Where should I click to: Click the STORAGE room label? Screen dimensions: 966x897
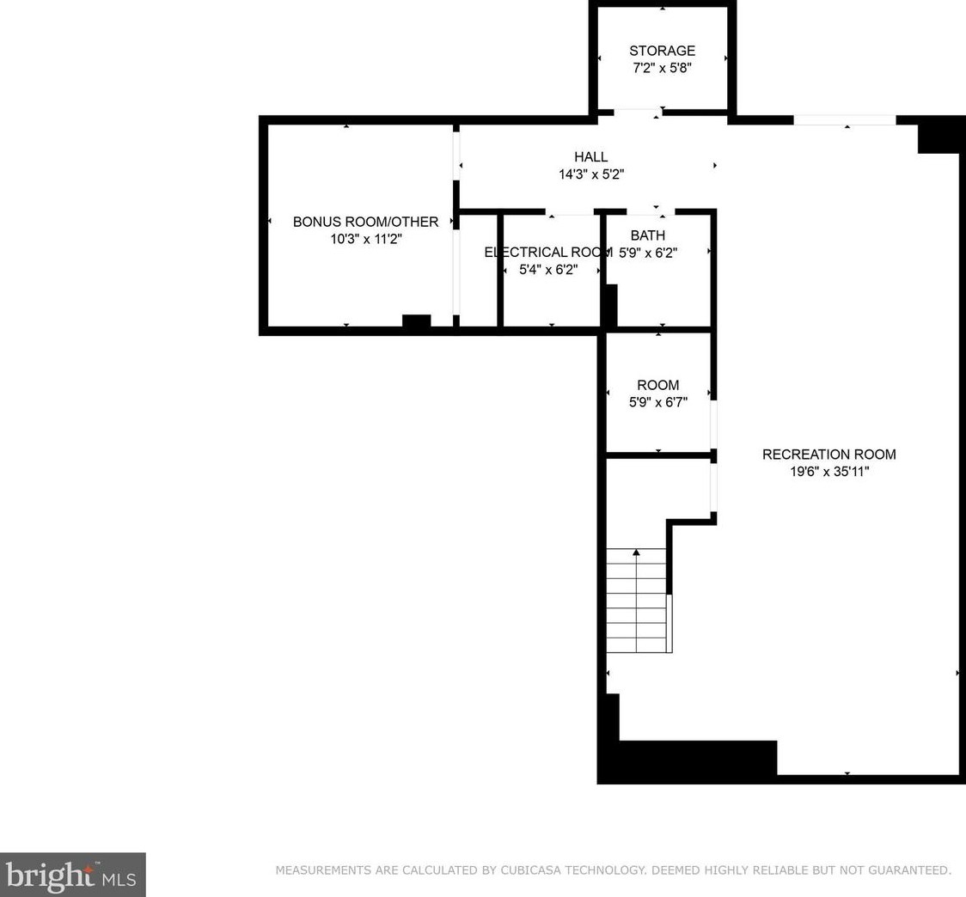click(x=662, y=51)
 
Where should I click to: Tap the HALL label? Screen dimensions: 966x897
click(x=590, y=157)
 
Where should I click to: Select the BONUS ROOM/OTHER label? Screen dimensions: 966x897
click(x=365, y=222)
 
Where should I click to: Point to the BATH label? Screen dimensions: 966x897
click(x=647, y=235)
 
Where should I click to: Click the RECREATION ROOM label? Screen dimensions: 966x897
click(x=828, y=455)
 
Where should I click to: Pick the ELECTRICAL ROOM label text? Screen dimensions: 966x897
click(x=547, y=253)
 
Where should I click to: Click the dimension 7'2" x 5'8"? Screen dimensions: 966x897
click(x=662, y=68)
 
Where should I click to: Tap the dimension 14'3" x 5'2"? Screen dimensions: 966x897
click(x=590, y=174)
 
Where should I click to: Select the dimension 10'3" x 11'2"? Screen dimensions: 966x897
click(x=365, y=239)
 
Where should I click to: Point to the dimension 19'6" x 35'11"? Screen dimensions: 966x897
click(x=829, y=472)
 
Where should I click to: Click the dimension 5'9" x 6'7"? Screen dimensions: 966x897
click(x=658, y=402)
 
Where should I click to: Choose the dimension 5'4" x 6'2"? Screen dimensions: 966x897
click(x=547, y=270)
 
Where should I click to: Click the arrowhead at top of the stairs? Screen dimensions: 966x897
click(x=636, y=552)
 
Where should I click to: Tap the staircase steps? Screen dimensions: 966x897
click(x=636, y=600)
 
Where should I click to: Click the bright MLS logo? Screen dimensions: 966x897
click(x=73, y=875)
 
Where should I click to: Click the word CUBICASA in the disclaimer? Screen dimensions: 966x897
click(x=530, y=870)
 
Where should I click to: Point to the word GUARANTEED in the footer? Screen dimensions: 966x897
click(x=908, y=870)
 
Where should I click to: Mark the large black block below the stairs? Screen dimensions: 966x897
click(x=697, y=758)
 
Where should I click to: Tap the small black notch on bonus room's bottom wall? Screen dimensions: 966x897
click(x=417, y=321)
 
